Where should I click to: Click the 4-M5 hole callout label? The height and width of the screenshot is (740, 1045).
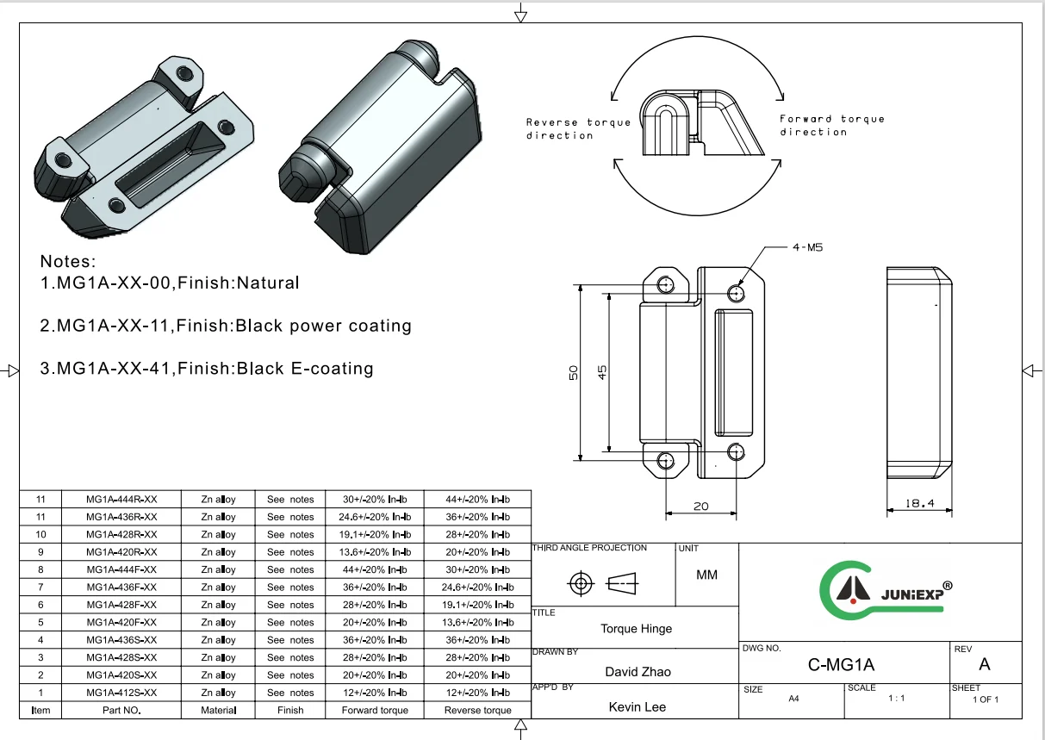[807, 247]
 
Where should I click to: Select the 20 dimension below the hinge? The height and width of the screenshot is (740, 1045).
[700, 506]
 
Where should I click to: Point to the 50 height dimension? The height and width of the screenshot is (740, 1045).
[573, 373]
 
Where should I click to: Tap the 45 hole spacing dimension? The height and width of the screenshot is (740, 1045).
[603, 372]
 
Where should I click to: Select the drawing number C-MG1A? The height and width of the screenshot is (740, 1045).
[841, 664]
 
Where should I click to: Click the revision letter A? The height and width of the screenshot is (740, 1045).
[985, 664]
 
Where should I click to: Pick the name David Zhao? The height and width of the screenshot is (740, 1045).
[638, 672]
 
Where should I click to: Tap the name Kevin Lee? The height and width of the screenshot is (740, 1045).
[637, 706]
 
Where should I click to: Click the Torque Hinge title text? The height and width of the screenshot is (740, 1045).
[636, 629]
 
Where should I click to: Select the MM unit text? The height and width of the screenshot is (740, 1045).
[706, 575]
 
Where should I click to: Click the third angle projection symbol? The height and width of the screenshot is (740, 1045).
[603, 584]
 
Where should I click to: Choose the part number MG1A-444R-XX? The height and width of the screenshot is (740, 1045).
[121, 500]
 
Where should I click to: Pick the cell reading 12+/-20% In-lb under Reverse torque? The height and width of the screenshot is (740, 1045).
[478, 693]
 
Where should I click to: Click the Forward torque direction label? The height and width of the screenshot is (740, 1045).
[819, 125]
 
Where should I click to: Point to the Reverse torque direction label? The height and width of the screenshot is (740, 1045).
[578, 128]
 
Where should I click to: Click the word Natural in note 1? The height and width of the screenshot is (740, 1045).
[268, 283]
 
